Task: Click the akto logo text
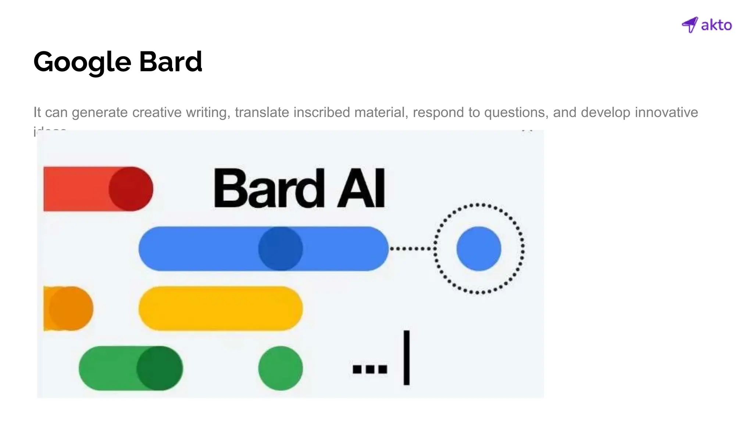point(716,25)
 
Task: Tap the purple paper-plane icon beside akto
point(690,25)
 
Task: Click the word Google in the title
point(82,62)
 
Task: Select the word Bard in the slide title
point(171,61)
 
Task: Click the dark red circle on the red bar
point(131,189)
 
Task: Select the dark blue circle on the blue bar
point(281,249)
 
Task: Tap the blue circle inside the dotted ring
point(479,249)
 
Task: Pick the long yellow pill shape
point(221,308)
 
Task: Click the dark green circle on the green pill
point(160,368)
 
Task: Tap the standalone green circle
point(281,368)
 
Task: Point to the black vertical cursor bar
point(406,357)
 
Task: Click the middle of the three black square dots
point(370,369)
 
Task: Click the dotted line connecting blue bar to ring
point(412,249)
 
